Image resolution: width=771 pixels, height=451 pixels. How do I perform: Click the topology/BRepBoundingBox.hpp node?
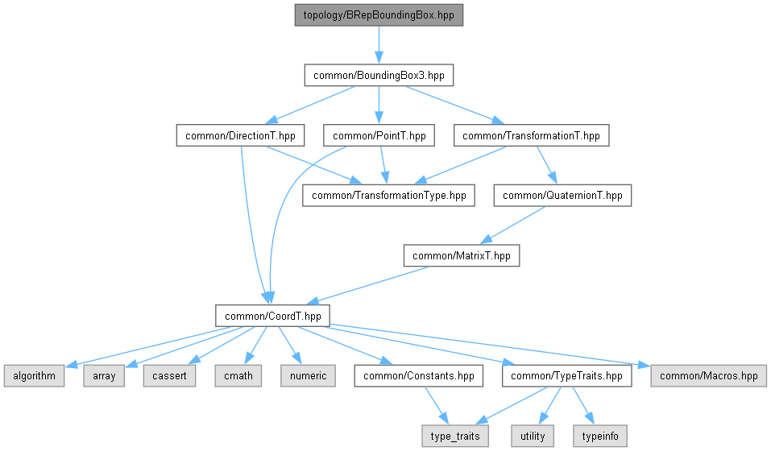tap(378, 15)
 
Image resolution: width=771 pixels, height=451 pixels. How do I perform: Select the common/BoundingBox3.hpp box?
tap(378, 76)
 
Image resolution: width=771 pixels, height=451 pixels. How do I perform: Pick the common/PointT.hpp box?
tap(379, 135)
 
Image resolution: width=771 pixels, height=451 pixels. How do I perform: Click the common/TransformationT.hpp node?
tap(531, 135)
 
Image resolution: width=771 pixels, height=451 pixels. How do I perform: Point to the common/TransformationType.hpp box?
tap(388, 196)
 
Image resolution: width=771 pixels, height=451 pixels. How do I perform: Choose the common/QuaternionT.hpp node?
tap(562, 196)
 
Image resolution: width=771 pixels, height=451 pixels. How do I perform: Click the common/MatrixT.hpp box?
tap(462, 256)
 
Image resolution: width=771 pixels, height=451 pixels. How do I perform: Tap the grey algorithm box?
tap(33, 376)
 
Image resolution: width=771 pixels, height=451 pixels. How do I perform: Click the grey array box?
tap(104, 376)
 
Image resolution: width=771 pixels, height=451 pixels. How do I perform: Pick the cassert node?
tap(170, 376)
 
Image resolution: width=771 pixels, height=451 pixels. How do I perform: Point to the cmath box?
tap(238, 376)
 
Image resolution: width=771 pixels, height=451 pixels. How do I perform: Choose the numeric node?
tap(308, 376)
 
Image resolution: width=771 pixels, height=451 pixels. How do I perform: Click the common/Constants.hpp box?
tap(419, 376)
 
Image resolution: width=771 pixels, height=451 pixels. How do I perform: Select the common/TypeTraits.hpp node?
tap(567, 376)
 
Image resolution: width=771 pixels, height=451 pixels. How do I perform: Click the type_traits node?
tap(455, 437)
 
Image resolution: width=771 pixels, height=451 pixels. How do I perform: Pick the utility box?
tap(533, 437)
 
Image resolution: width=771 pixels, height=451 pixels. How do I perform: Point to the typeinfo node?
tap(599, 437)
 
